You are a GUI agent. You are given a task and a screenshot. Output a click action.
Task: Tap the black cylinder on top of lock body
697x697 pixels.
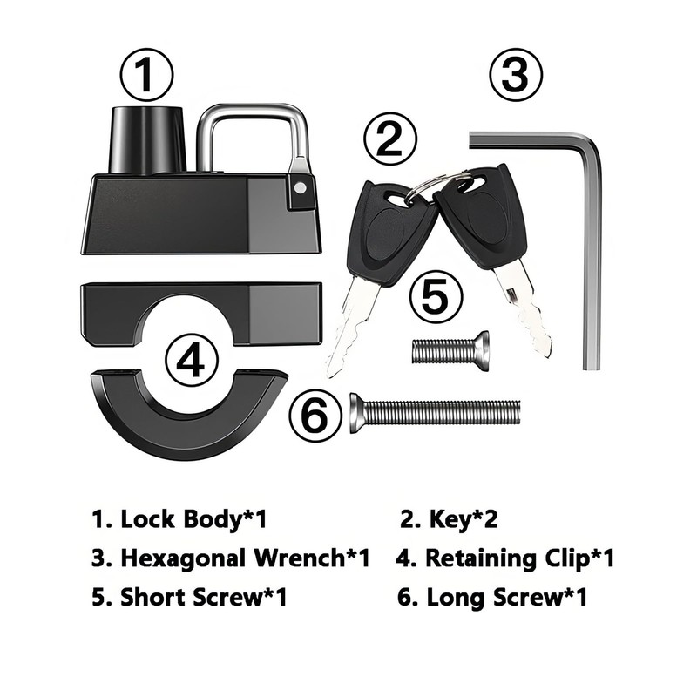(146, 139)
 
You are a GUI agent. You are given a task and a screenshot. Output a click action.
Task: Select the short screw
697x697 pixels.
(450, 351)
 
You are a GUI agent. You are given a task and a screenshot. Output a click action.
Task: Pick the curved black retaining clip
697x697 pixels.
(188, 418)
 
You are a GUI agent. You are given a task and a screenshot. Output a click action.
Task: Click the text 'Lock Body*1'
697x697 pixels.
(179, 520)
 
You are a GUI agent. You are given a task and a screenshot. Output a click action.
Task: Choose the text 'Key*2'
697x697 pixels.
(449, 520)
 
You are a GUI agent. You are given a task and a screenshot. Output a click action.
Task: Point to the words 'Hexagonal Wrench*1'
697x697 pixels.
(230, 558)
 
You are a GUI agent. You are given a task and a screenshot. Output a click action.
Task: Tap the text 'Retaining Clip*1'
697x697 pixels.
(505, 558)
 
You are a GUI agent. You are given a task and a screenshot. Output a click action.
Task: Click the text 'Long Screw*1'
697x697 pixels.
(493, 598)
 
